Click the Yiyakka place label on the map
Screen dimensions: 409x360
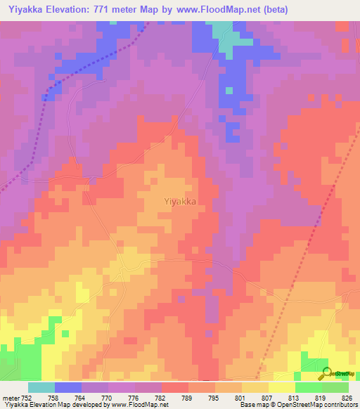(x=179, y=200)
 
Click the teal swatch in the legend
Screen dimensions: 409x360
(x=41, y=387)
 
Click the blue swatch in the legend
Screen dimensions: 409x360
(x=68, y=387)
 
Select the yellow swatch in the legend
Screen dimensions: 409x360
(x=281, y=387)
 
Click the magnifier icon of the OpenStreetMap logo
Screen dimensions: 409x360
(x=326, y=372)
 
